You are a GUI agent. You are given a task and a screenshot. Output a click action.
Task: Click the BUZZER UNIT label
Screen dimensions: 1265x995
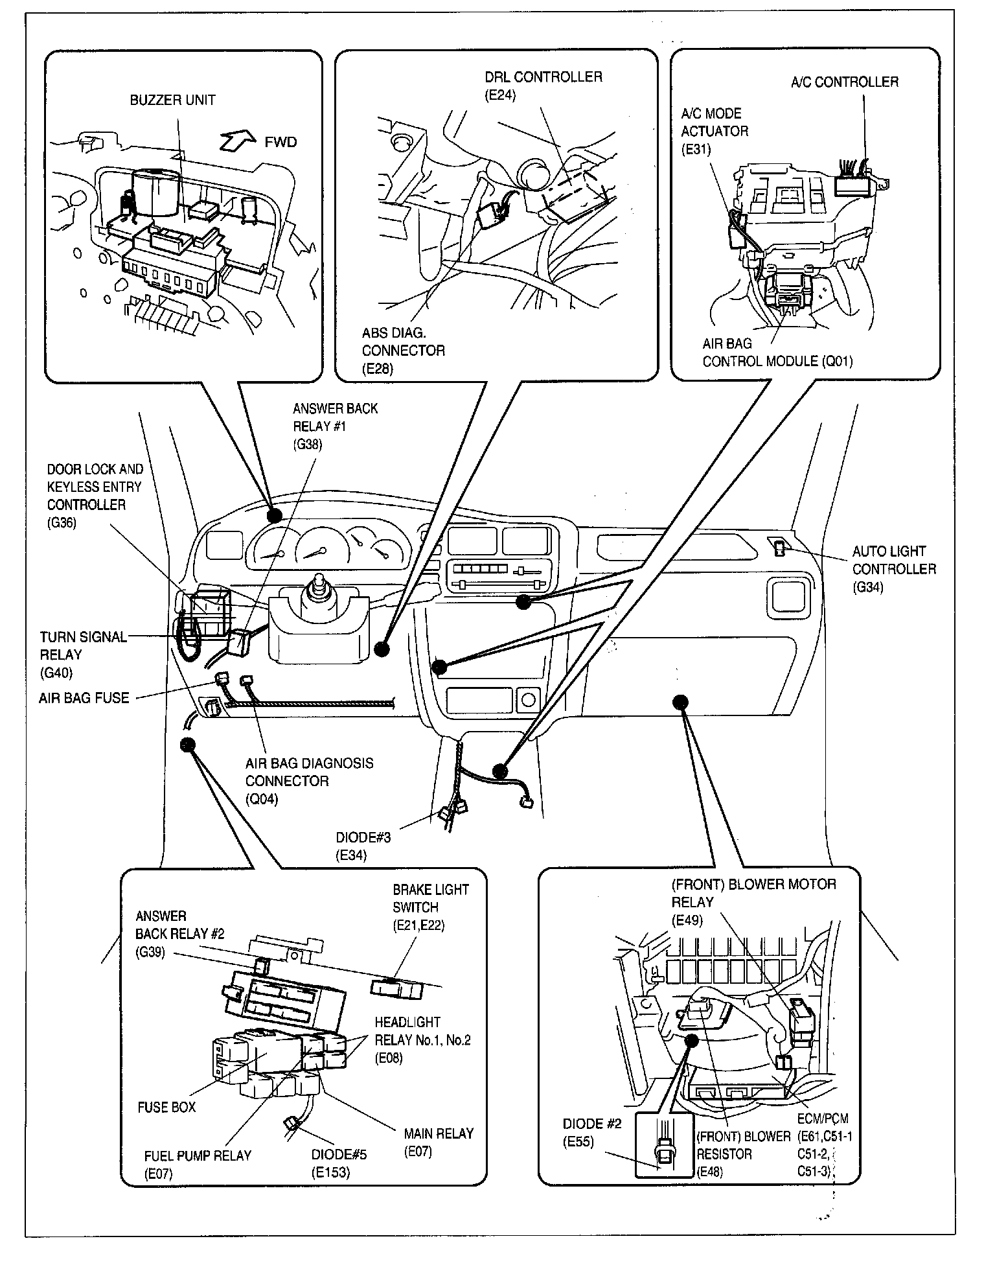tap(172, 100)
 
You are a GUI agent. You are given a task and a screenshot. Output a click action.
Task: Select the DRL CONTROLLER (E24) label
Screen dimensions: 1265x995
tap(543, 86)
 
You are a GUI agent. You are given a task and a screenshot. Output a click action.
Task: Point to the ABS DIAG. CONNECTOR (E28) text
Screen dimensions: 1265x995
tap(403, 351)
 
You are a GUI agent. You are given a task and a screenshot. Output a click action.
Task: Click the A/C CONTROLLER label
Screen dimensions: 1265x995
tap(845, 82)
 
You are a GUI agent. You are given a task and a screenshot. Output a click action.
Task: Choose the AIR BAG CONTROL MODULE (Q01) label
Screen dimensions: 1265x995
tap(777, 353)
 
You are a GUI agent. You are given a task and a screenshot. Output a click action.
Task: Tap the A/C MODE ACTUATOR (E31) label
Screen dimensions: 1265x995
tap(714, 131)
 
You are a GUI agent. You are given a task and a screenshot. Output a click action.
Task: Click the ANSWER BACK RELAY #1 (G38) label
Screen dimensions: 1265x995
tap(334, 426)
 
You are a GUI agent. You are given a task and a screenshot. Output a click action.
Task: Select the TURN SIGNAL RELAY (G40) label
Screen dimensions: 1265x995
tap(83, 655)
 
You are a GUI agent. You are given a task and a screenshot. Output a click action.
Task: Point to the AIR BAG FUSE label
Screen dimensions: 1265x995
tap(84, 698)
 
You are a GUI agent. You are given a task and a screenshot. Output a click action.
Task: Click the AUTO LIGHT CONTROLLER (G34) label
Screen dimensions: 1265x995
tap(893, 569)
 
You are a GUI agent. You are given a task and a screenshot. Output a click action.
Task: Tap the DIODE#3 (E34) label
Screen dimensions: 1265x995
tap(363, 846)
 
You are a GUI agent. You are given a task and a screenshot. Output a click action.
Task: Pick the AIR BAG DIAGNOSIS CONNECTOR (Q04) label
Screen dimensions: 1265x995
tap(309, 781)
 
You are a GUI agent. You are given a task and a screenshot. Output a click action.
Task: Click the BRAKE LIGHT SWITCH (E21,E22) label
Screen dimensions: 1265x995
tap(430, 907)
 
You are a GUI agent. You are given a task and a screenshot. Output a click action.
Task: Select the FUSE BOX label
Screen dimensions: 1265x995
tap(166, 1108)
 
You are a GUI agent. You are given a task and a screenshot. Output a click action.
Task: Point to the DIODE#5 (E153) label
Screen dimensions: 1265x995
tap(339, 1163)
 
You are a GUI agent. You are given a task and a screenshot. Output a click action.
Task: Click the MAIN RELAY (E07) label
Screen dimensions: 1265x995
tap(438, 1143)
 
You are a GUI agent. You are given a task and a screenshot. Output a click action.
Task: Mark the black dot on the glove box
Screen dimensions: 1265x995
tap(680, 701)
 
